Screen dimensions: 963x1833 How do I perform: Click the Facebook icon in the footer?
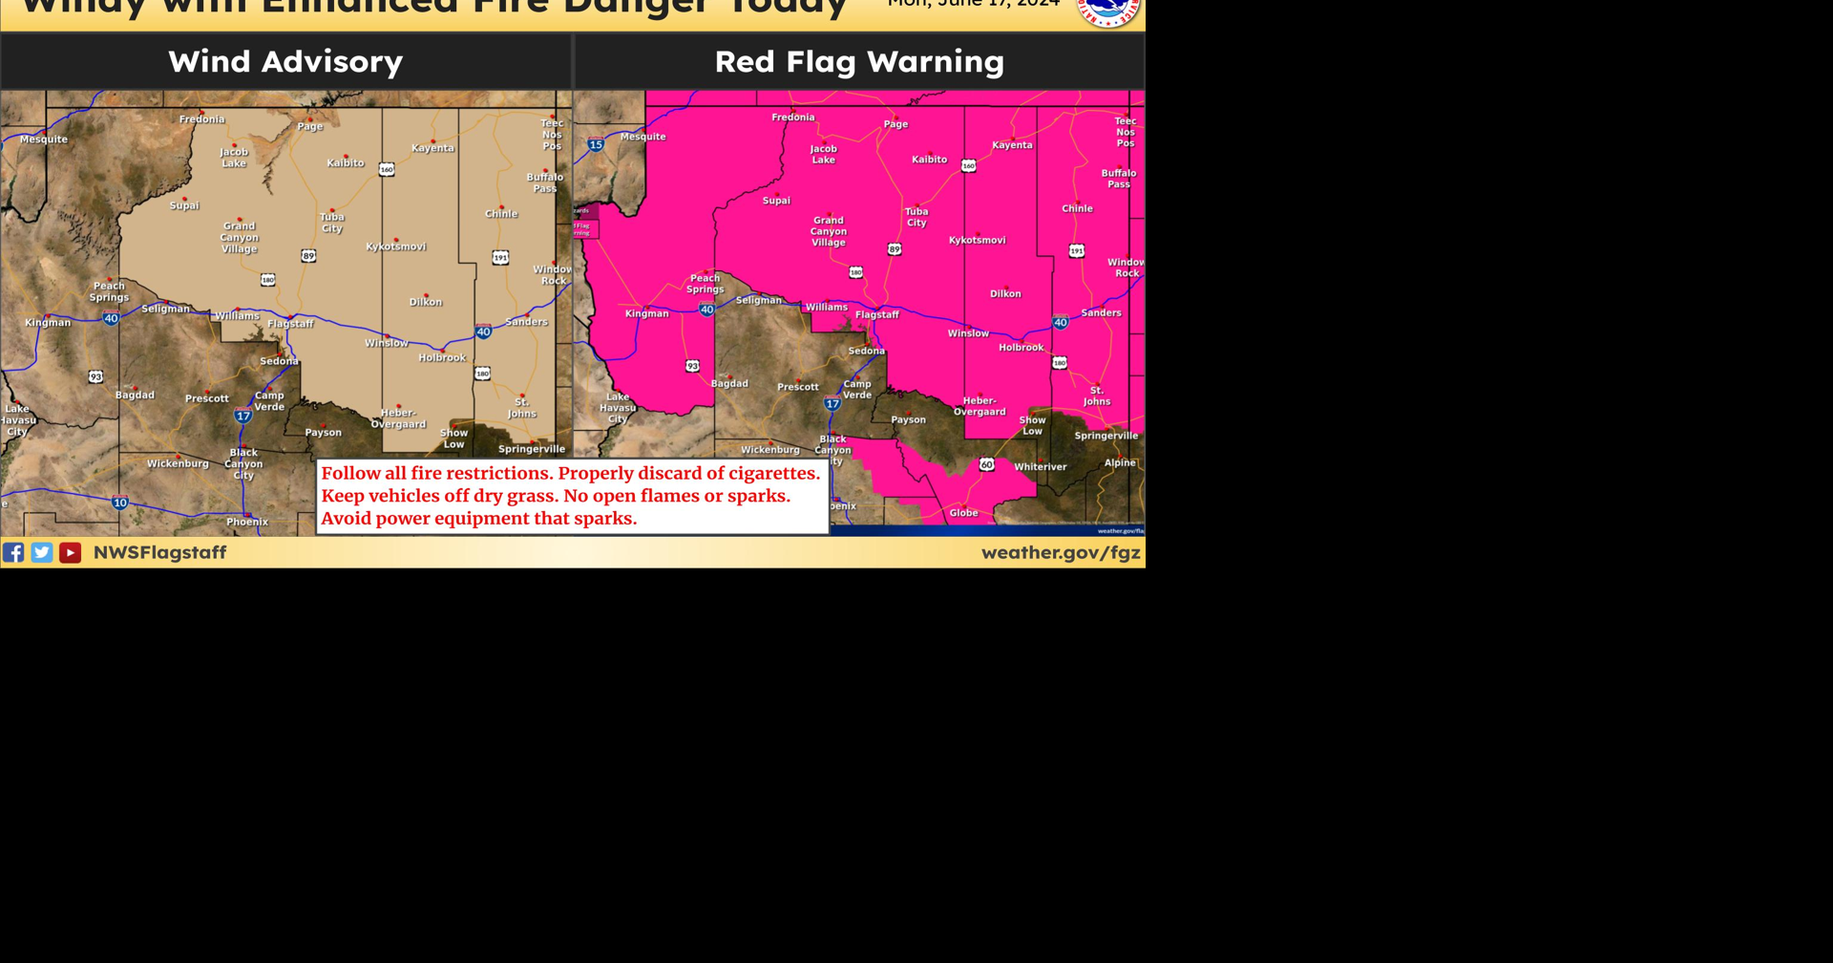[x=13, y=552]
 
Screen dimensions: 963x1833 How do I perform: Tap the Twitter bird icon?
[x=42, y=552]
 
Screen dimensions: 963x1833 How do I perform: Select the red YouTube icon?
[x=70, y=552]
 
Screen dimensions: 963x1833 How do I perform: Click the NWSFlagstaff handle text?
[x=159, y=552]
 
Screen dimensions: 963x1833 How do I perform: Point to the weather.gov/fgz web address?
[x=1061, y=552]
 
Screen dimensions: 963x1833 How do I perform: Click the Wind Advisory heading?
[x=285, y=61]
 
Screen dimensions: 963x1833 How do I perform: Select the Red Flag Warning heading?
[x=859, y=61]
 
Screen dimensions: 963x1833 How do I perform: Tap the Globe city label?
[x=963, y=513]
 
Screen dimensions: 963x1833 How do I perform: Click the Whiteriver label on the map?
[x=1040, y=467]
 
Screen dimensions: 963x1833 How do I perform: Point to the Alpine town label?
[x=1120, y=462]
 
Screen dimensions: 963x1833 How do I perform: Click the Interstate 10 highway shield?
[x=120, y=503]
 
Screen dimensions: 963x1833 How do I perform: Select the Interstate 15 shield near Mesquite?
[x=596, y=145]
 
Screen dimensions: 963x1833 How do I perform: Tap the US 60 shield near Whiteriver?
[x=986, y=464]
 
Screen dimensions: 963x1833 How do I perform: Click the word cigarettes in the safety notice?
[x=773, y=473]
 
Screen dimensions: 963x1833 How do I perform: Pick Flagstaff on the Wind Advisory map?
[x=290, y=324]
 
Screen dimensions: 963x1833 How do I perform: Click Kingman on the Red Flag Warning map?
[x=646, y=313]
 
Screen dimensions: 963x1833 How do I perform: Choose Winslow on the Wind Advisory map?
[x=386, y=343]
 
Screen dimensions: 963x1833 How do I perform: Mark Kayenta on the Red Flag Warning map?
[x=1012, y=145]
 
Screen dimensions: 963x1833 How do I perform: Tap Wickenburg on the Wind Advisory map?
[x=178, y=463]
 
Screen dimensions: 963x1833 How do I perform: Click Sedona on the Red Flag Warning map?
[x=866, y=351]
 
